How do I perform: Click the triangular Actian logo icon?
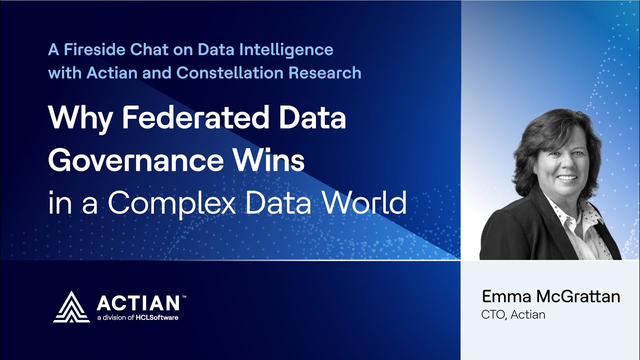71,306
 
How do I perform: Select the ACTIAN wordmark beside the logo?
138,303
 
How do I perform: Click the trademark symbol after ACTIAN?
184,297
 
